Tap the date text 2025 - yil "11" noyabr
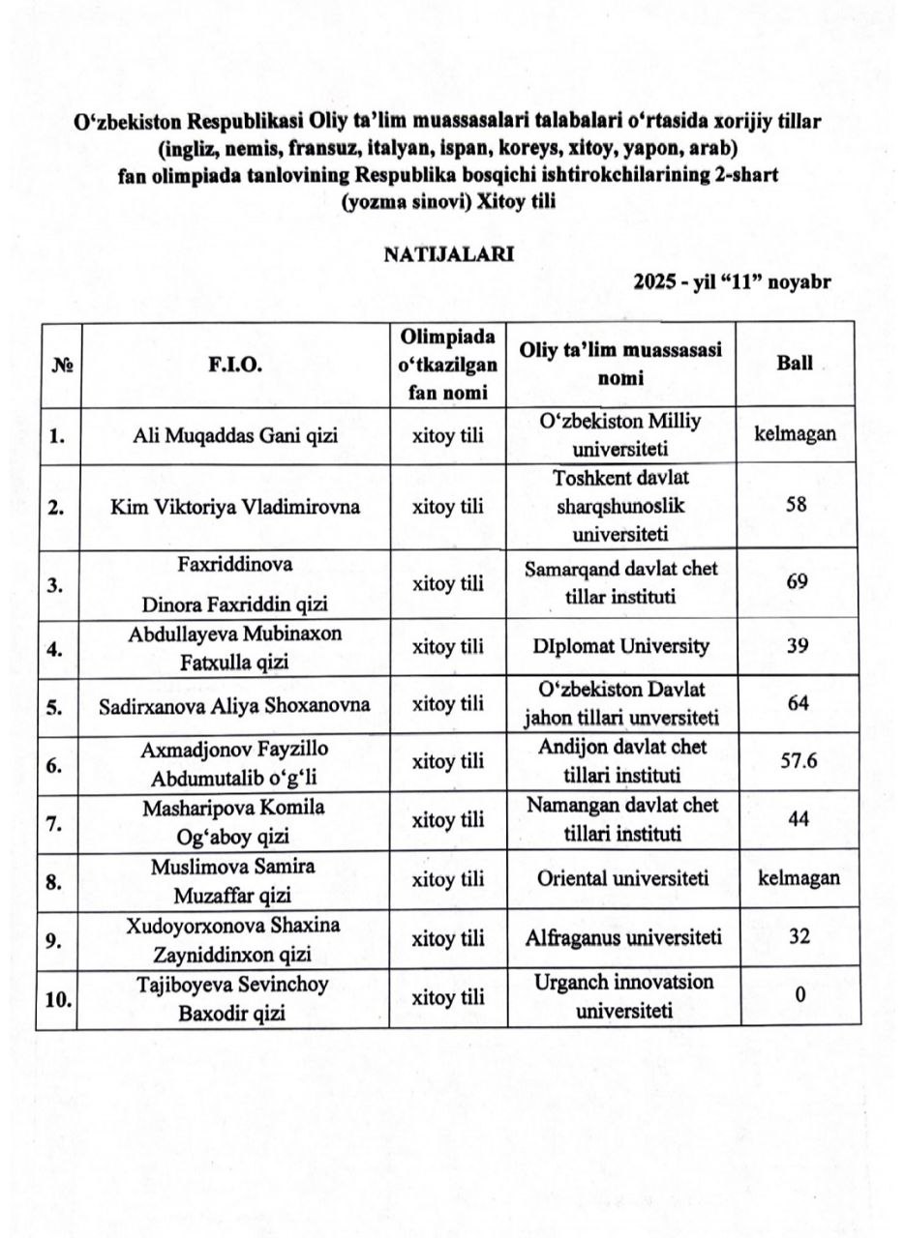click(733, 282)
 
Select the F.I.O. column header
click(234, 366)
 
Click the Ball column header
click(795, 365)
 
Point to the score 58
click(797, 506)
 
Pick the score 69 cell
click(797, 582)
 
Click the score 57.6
click(799, 760)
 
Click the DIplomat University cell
click(620, 646)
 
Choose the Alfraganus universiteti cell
click(620, 937)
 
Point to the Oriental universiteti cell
click(620, 879)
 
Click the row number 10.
click(59, 999)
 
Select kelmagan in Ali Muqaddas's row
click(795, 433)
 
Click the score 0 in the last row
click(800, 995)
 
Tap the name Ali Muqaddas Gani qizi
click(235, 435)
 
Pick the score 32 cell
click(799, 936)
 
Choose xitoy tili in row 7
click(448, 820)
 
